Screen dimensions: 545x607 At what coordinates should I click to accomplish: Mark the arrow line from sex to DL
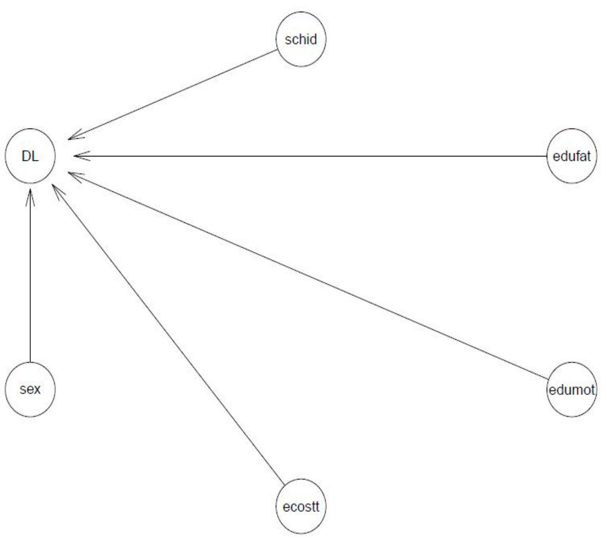pos(30,279)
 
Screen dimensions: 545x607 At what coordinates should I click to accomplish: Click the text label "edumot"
pos(571,389)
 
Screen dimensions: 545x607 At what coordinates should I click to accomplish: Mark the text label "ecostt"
pos(301,507)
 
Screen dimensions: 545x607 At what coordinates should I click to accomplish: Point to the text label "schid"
pos(301,40)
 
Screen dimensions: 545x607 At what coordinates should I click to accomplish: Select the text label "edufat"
pos(571,156)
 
